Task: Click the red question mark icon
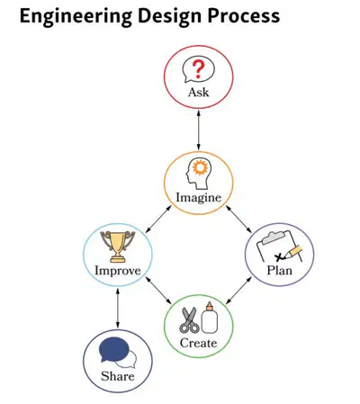point(198,69)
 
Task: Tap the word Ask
point(198,92)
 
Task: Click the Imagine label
point(198,198)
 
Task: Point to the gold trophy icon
point(118,247)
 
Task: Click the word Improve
point(118,271)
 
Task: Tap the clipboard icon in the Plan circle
point(279,247)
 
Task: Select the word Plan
point(279,270)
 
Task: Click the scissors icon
point(189,320)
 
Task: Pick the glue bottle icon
point(209,318)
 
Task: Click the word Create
point(198,343)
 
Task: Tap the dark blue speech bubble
point(113,349)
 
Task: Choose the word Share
point(118,376)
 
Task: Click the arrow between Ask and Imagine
point(198,130)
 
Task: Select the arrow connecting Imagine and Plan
point(238,219)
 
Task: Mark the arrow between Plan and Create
point(238,291)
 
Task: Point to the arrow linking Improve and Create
point(158,291)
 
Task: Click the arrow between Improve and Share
point(118,308)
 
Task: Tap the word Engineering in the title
point(76,16)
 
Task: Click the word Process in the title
point(244,15)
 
